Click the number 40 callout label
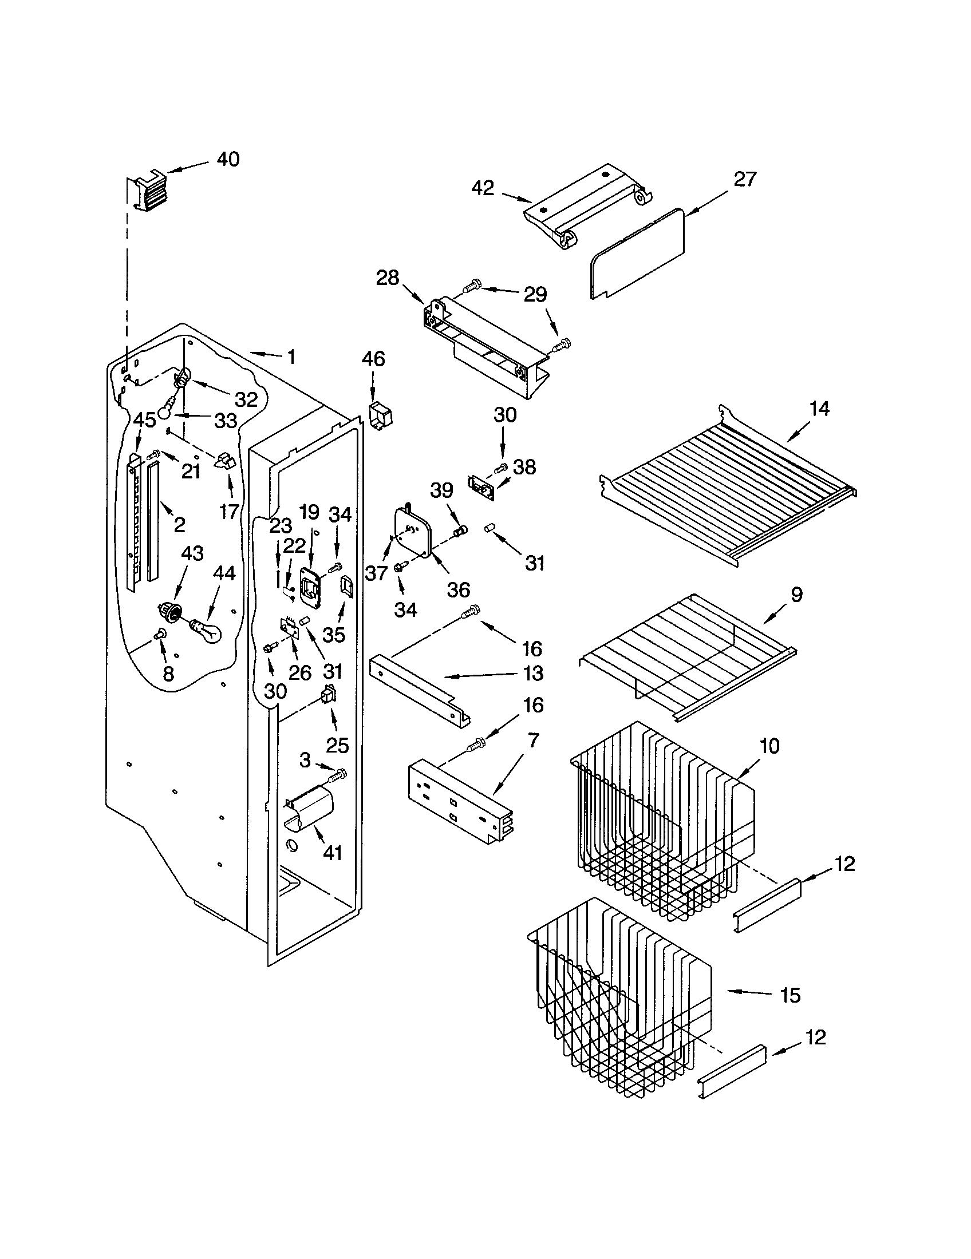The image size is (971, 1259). click(x=228, y=159)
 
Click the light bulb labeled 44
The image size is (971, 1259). click(x=206, y=629)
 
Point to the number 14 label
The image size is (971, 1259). click(x=819, y=409)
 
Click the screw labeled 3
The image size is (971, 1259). click(x=337, y=775)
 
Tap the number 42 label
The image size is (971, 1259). click(x=483, y=188)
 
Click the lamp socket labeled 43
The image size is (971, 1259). click(x=168, y=611)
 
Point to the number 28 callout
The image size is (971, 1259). click(x=388, y=278)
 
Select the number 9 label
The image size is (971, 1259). click(x=796, y=595)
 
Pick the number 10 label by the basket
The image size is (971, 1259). click(x=769, y=746)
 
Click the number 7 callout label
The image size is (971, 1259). click(x=534, y=740)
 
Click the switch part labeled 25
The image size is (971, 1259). click(x=329, y=696)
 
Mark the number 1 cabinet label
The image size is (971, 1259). click(x=291, y=358)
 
